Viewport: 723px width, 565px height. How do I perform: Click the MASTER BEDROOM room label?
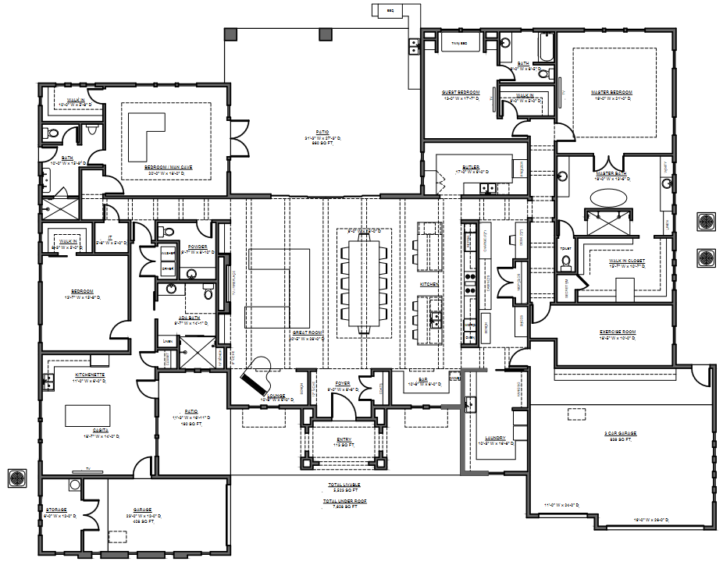611,92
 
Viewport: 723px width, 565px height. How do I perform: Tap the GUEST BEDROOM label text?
460,92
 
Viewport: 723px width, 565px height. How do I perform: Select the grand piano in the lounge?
258,375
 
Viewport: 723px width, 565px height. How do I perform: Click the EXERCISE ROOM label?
618,331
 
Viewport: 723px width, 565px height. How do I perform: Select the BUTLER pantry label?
469,166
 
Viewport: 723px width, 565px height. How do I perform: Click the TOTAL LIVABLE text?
344,485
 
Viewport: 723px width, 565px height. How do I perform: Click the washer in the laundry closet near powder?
168,254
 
